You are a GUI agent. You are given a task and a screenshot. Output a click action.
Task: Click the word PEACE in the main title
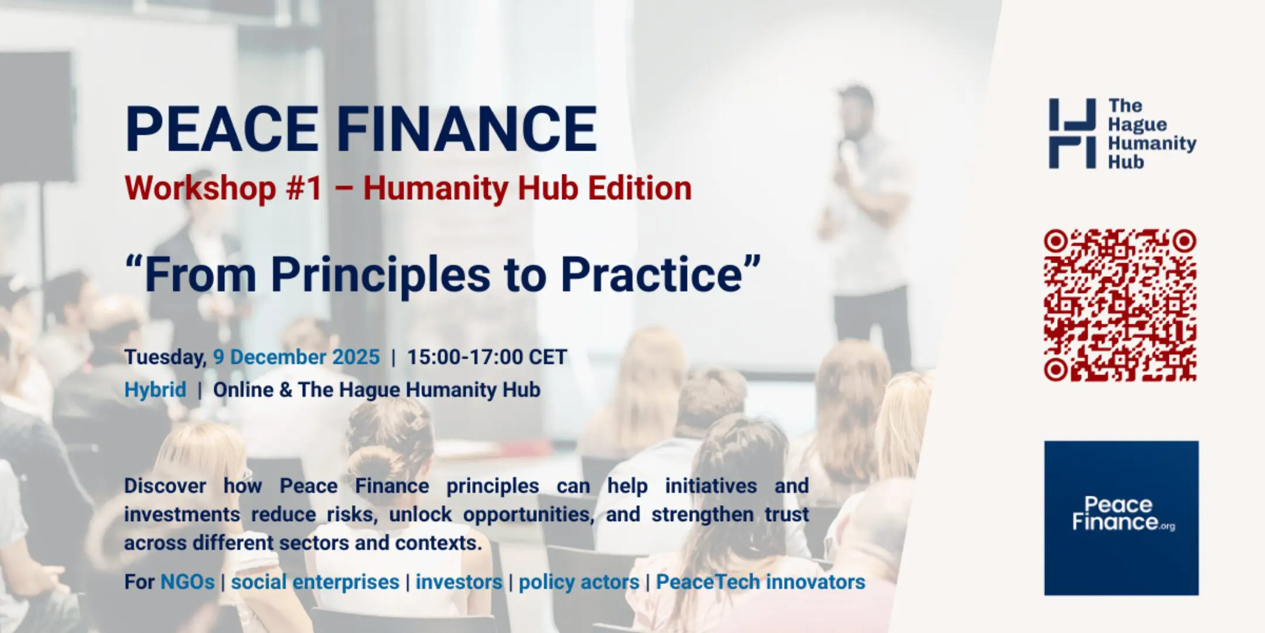(x=221, y=129)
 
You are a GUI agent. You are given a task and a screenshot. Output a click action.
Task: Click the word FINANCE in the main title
(x=466, y=129)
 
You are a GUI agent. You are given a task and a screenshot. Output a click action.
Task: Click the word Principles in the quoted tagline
(x=381, y=274)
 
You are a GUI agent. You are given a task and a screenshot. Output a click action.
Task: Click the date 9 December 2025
(x=296, y=357)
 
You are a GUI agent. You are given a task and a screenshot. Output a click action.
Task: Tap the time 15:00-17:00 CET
(x=487, y=357)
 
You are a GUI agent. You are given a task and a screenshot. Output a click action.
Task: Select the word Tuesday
(x=164, y=357)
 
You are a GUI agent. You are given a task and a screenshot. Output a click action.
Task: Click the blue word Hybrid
(x=155, y=390)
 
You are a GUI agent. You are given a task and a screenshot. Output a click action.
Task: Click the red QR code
(x=1120, y=305)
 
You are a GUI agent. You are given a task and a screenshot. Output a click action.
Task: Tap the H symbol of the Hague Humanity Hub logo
(x=1072, y=134)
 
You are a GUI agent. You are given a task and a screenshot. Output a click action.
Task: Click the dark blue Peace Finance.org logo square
(x=1121, y=518)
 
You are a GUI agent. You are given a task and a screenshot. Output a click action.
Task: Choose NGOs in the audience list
(x=187, y=582)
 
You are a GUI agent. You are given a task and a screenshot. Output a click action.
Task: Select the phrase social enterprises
(x=315, y=582)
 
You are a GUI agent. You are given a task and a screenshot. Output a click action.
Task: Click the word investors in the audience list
(x=459, y=582)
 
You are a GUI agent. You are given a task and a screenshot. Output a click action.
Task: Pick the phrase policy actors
(x=579, y=582)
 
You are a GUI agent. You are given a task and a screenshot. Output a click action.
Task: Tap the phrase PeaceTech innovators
(x=760, y=582)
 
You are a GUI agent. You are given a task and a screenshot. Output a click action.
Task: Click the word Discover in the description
(x=165, y=486)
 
